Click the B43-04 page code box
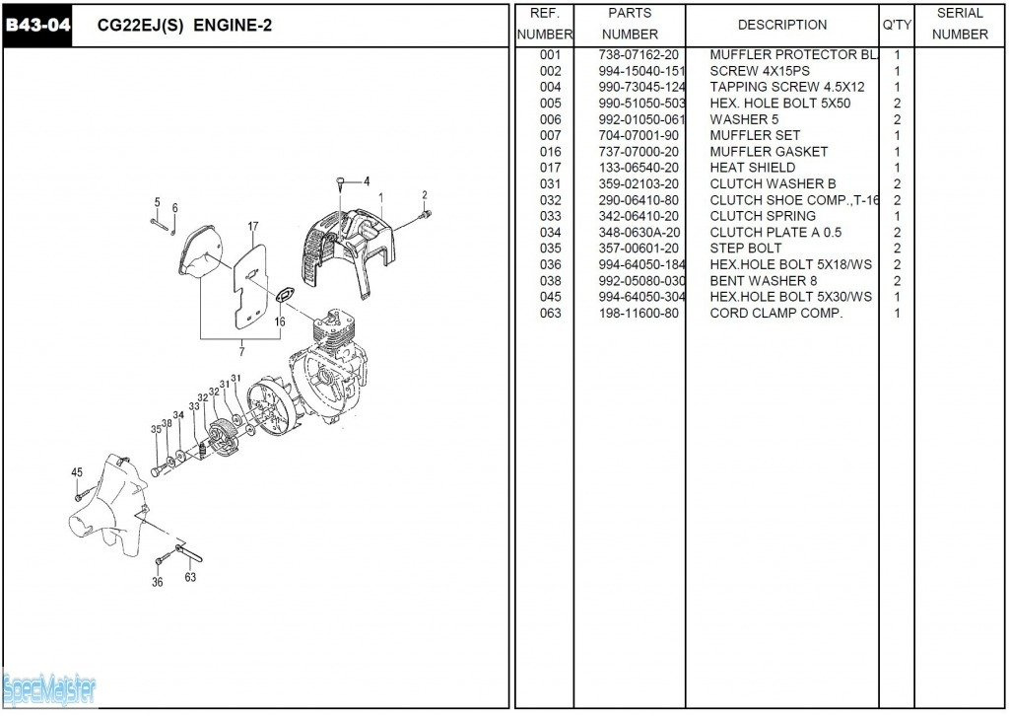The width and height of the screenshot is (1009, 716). tap(37, 26)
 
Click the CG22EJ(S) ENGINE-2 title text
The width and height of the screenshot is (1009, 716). tap(184, 26)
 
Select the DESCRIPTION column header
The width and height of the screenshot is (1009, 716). tap(781, 25)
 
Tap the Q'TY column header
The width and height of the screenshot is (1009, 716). tap(896, 25)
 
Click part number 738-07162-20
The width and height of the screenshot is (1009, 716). tap(639, 55)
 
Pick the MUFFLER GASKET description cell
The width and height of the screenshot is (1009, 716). tap(769, 152)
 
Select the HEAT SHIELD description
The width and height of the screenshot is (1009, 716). tap(752, 168)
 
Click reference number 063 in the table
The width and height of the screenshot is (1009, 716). tap(550, 313)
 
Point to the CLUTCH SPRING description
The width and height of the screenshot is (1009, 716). tap(763, 216)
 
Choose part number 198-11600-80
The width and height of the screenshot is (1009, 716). tap(639, 313)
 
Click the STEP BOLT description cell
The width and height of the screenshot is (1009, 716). tap(746, 249)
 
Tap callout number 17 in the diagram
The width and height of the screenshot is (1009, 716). tap(253, 227)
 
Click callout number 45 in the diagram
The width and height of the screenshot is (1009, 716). tap(77, 472)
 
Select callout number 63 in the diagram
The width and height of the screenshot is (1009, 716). tap(190, 578)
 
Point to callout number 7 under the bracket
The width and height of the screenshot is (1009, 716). tap(242, 350)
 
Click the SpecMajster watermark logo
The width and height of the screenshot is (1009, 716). tap(49, 688)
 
